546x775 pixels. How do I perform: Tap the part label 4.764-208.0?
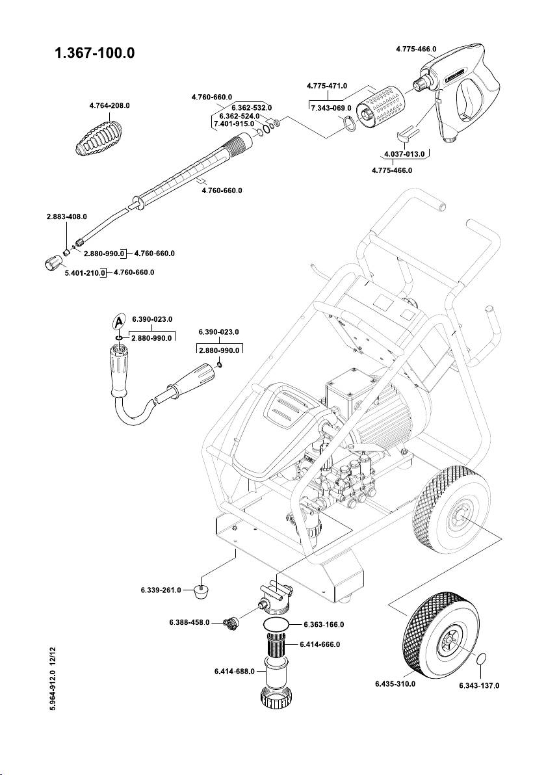pos(109,105)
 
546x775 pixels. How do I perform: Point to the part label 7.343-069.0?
pos(331,108)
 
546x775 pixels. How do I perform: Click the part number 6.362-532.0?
pos(251,107)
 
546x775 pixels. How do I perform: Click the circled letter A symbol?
pos(117,321)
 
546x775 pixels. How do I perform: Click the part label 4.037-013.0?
pos(404,155)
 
